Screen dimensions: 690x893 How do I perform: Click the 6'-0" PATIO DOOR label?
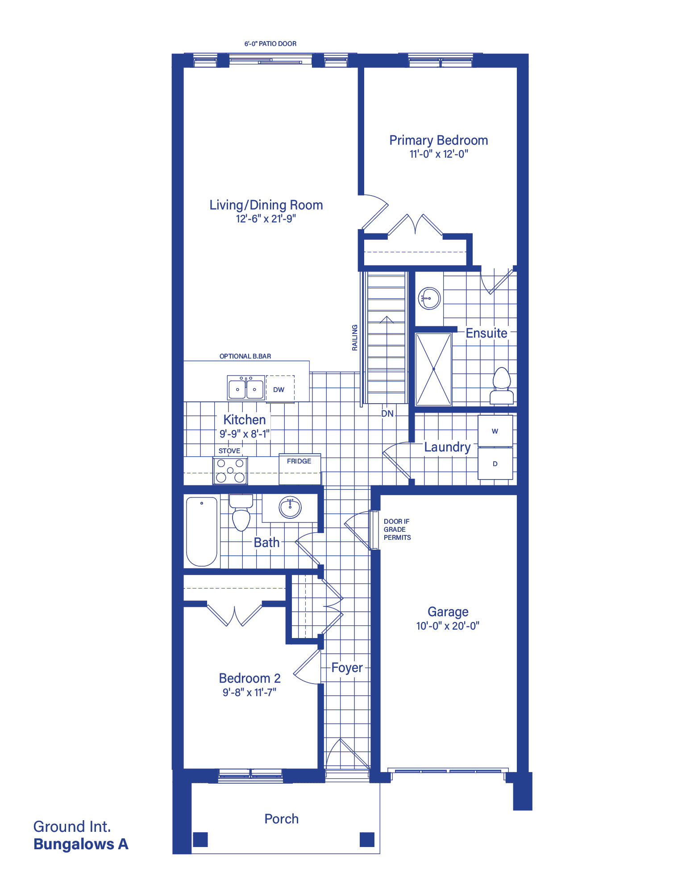click(x=270, y=44)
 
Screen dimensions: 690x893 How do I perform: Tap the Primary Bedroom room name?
click(x=439, y=140)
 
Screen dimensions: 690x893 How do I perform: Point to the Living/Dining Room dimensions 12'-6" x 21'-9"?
click(x=266, y=219)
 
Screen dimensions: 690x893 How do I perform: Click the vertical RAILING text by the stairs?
click(x=355, y=338)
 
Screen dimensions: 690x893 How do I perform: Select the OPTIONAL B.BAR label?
click(x=245, y=356)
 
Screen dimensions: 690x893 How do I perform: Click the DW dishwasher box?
click(x=280, y=389)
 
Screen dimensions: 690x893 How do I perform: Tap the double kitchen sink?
click(x=246, y=388)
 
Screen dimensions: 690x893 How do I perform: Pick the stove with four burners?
click(x=230, y=471)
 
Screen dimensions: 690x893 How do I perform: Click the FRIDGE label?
click(x=299, y=461)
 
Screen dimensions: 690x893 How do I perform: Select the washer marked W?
click(x=495, y=431)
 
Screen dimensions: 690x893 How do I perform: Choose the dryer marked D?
click(x=495, y=464)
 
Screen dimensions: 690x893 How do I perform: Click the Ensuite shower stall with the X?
click(x=433, y=369)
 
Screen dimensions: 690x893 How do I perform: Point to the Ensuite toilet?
click(x=502, y=386)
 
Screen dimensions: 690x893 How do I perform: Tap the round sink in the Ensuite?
click(x=429, y=298)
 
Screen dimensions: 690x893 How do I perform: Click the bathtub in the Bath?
click(x=202, y=531)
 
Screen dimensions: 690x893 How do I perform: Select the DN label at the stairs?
click(x=387, y=414)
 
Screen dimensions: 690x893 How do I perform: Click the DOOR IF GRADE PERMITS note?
click(x=397, y=530)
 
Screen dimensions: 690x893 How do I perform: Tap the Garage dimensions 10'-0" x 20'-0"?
click(x=448, y=626)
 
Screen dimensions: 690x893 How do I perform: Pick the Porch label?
click(x=282, y=819)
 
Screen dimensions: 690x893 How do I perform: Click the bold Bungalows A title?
click(x=81, y=844)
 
